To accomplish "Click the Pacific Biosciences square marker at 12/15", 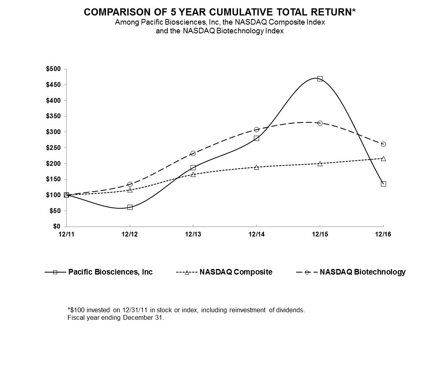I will click(320, 79).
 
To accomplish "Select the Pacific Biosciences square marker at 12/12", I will click(130, 207).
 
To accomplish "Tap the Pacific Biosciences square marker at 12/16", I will click(383, 184).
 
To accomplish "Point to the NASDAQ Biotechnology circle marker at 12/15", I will click(320, 123).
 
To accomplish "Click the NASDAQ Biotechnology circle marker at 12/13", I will click(193, 153).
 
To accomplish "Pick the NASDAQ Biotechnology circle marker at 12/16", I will click(383, 144).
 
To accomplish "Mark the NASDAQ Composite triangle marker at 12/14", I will click(256, 167).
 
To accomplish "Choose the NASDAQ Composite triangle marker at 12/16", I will click(383, 158).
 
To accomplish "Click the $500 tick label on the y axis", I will click(53, 69).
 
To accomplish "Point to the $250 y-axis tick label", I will click(53, 148).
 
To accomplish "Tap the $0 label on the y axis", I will click(56, 226).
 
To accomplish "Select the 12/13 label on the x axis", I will click(193, 234).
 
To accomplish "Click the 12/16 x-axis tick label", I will click(383, 234).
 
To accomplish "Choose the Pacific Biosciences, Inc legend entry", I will click(110, 272).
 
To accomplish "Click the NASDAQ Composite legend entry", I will click(236, 272).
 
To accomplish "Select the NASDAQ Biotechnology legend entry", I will click(362, 272).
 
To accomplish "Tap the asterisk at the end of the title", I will click(354, 11).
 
